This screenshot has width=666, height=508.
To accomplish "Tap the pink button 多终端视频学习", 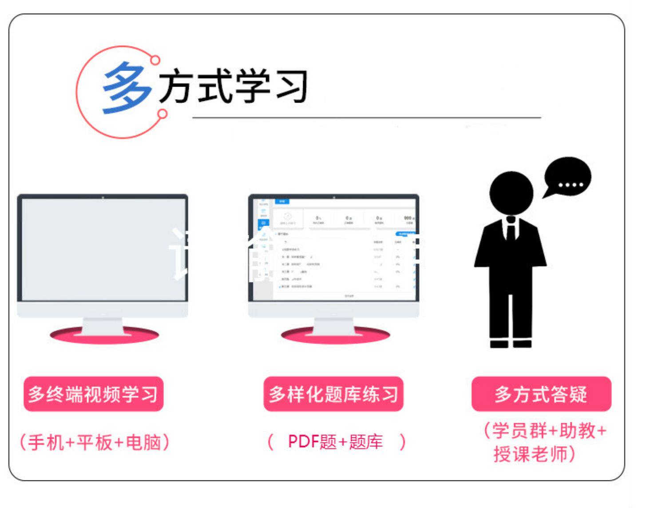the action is (93, 394).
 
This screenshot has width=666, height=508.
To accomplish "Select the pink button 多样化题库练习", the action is (333, 394).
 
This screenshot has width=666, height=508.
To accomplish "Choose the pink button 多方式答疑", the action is (541, 394).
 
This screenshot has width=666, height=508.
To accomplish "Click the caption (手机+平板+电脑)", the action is (94, 442).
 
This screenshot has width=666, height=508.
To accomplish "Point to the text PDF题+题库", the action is (335, 442).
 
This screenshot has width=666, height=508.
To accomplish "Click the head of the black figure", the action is (511, 193).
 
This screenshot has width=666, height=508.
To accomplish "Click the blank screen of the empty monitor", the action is (103, 249).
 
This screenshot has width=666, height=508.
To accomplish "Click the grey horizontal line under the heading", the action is (366, 118).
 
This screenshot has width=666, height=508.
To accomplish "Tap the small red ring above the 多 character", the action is (155, 60).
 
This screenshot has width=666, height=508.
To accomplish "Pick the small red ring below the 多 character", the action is (163, 114).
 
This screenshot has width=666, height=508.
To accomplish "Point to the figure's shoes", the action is (511, 343).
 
